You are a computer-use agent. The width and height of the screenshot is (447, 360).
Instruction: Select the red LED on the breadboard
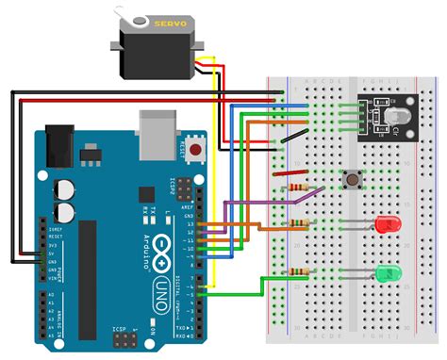pyautogui.click(x=386, y=225)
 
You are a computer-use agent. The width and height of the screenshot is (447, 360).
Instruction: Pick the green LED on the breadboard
pyautogui.click(x=386, y=274)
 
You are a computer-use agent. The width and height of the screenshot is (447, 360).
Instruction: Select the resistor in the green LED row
pyautogui.click(x=298, y=272)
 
